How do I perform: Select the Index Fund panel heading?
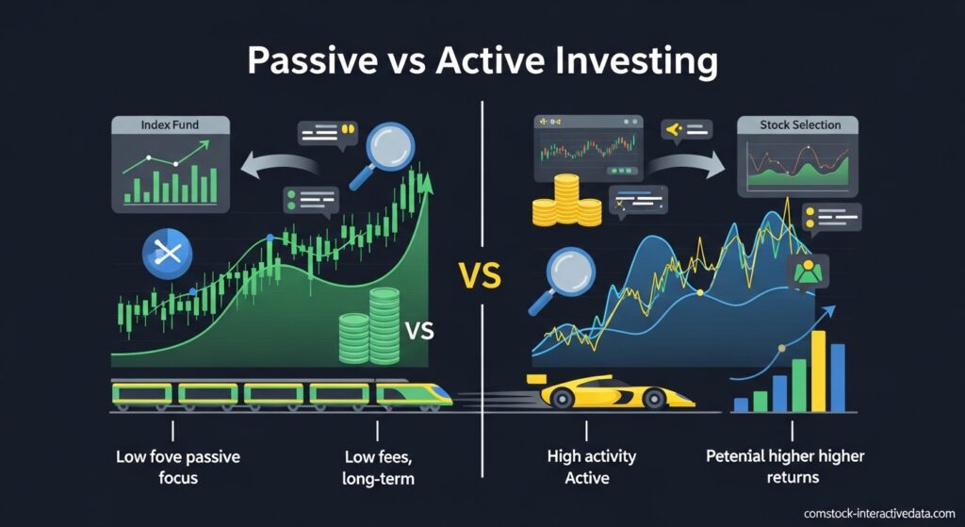(x=170, y=125)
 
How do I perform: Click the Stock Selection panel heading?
(x=800, y=125)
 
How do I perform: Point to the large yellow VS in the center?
(x=480, y=276)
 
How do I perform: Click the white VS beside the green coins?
(x=419, y=331)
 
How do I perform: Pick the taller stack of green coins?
(x=384, y=325)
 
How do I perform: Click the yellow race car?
(x=611, y=391)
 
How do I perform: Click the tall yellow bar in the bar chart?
(x=818, y=371)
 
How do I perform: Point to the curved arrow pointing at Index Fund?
(x=280, y=161)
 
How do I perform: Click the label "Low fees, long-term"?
(x=378, y=468)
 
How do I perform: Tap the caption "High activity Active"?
(x=591, y=467)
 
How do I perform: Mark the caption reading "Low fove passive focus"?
(x=178, y=467)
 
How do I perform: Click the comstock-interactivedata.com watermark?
(x=879, y=513)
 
